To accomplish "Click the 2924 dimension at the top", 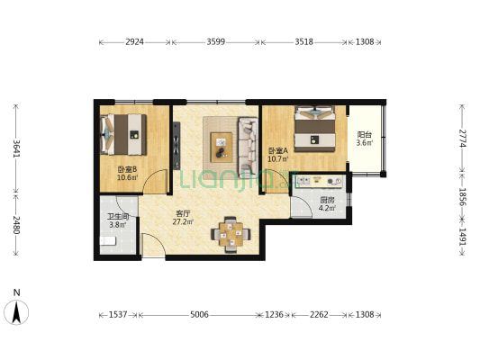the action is (134, 41).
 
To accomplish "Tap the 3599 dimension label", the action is (216, 41).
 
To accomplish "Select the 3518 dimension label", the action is (304, 41).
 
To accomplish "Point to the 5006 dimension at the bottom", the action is (199, 314).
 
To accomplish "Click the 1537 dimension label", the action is (118, 314).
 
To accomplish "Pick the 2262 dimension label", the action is (319, 314).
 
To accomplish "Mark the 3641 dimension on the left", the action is (16, 149).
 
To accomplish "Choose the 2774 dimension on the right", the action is (463, 139).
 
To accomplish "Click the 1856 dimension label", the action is (463, 197).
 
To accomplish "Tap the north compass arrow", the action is (16, 312).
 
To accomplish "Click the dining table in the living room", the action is (231, 235).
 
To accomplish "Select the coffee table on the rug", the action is (221, 147).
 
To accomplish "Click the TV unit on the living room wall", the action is (177, 146).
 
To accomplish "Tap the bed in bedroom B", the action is (123, 135).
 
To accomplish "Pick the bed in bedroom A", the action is (314, 129).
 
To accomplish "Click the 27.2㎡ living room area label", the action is (183, 221).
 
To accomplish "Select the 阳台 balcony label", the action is (365, 135).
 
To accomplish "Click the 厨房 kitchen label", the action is (327, 201).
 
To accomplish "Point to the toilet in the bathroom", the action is (108, 241).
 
